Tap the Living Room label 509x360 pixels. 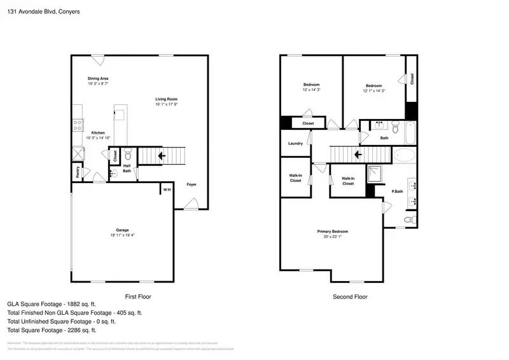pos(166,99)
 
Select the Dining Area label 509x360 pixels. pos(98,78)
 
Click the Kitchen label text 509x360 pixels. pos(97,133)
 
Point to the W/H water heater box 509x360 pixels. pos(167,190)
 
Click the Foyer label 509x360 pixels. pos(191,184)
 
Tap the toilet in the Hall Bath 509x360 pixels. pos(127,154)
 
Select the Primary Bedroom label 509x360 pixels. pos(333,232)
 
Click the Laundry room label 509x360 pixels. pos(295,144)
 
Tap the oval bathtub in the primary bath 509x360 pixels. pos(403,155)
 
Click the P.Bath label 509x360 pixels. pos(397,191)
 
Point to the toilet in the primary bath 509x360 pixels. pos(409,220)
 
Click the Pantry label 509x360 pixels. pos(74,170)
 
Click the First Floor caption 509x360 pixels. pos(137,296)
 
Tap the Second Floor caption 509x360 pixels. pos(350,296)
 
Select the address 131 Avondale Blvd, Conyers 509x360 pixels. pos(39,11)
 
